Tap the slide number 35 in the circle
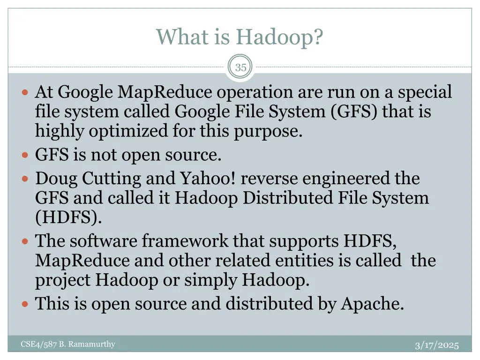[240, 67]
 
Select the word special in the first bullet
[425, 92]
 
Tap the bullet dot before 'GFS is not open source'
[25, 155]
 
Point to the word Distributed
[288, 198]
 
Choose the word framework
[185, 241]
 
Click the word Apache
[372, 304]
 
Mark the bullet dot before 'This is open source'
[25, 304]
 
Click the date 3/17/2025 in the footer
[437, 345]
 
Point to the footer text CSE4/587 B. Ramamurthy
[68, 345]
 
